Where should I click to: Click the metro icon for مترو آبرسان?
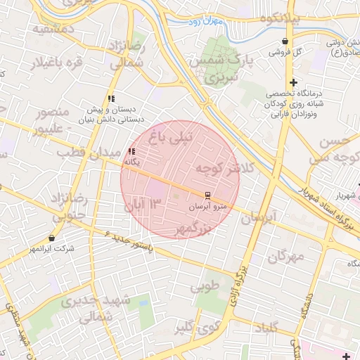(207, 195)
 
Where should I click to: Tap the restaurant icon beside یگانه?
(131, 151)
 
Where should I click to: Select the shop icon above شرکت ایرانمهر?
(52, 238)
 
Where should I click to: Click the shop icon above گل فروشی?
(284, 41)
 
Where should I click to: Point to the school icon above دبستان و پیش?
(111, 99)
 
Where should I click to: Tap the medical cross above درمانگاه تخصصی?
(293, 82)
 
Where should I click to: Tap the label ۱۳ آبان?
(143, 205)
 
